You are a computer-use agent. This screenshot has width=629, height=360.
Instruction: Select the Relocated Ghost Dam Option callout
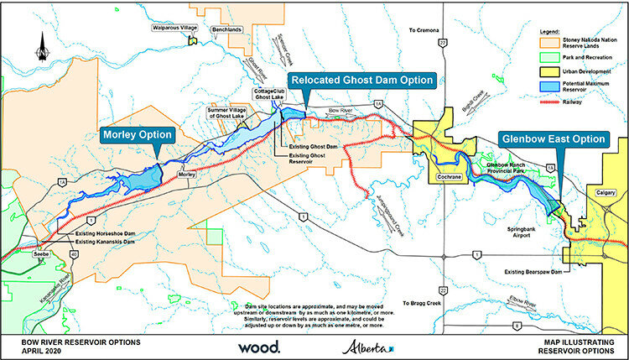point(362,81)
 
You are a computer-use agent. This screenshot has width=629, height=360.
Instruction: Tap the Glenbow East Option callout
point(551,138)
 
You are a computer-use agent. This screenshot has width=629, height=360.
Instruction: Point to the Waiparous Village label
point(174,28)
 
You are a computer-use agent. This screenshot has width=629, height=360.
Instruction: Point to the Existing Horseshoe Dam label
point(106,232)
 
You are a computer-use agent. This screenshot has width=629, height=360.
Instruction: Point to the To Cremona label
point(424,30)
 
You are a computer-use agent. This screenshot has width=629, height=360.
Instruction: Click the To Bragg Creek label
point(422,303)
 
